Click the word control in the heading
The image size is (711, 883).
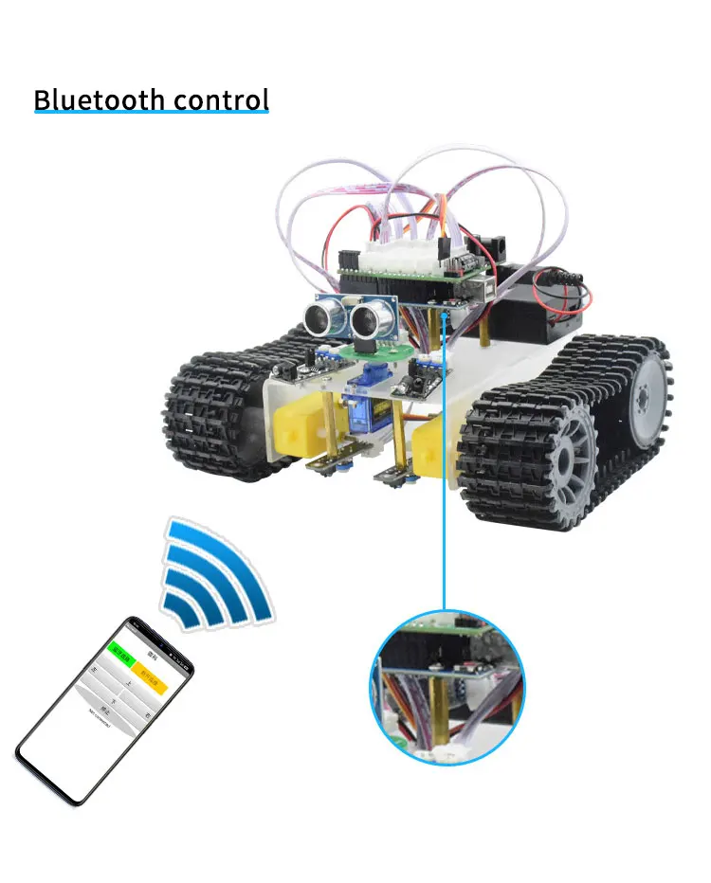[x=223, y=99]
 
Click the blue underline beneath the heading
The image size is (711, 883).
[x=152, y=114]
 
